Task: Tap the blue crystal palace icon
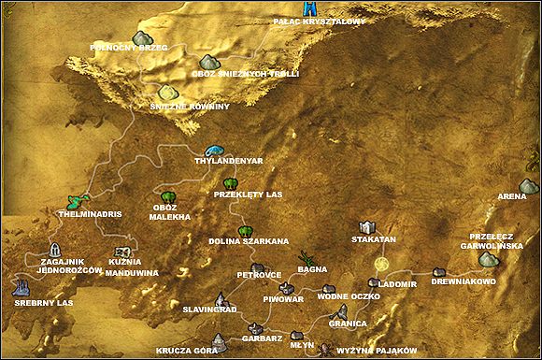tap(310, 7)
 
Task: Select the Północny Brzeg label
tap(128, 45)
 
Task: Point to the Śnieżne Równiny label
tap(190, 107)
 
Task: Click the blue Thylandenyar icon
tap(216, 149)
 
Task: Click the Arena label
tap(510, 196)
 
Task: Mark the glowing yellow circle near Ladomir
tap(380, 266)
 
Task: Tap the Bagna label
tap(311, 269)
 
